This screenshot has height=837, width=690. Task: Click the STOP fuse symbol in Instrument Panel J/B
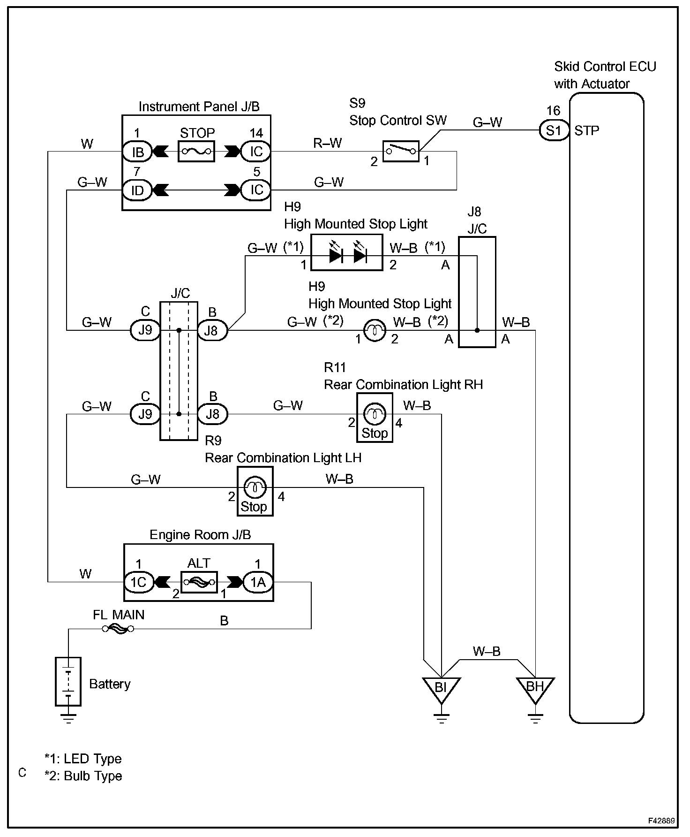pos(196,152)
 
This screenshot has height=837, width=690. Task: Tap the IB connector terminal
pos(137,152)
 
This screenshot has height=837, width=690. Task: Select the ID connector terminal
pos(137,190)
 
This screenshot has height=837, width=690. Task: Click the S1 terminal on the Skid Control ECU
pos(553,130)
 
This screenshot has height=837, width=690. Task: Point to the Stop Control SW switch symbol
pos(401,151)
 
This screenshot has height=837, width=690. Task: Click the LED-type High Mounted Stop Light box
pos(347,256)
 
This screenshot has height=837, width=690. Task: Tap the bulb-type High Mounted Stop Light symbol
pos(375,331)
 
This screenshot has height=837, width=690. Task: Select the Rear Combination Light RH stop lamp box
pos(375,418)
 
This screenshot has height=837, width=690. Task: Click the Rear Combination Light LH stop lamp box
pos(255,491)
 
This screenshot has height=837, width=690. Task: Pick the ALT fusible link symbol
pos(199,582)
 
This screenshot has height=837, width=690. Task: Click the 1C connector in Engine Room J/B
pos(138,582)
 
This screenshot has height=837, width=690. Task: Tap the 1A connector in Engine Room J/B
pos(258,582)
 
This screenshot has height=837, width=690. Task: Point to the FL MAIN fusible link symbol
pos(118,629)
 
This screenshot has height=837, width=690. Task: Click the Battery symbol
pos(68,681)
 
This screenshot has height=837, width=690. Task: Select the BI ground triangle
pos(441,690)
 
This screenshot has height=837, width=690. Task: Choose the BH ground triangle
pos(535,690)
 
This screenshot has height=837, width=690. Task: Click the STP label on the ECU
pos(587,130)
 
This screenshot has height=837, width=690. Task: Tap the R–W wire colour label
pos(328,143)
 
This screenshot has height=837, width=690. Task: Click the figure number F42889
pos(661,821)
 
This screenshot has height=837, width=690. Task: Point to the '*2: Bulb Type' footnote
pos(83,776)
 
